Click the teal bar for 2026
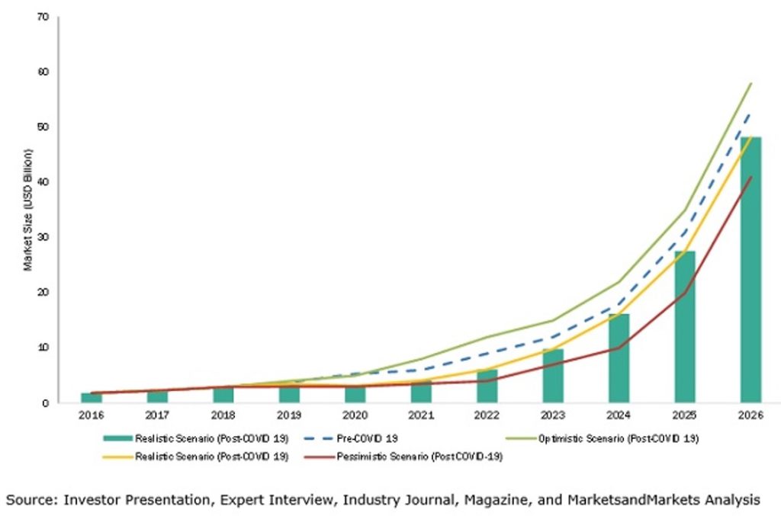[750, 270]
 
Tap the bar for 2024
[619, 357]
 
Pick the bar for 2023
[553, 375]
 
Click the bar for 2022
[487, 386]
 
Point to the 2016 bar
[92, 397]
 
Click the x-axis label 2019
[289, 416]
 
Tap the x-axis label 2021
[421, 416]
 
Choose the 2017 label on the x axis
[157, 416]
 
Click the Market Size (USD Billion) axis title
[27, 210]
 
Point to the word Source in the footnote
[31, 500]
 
